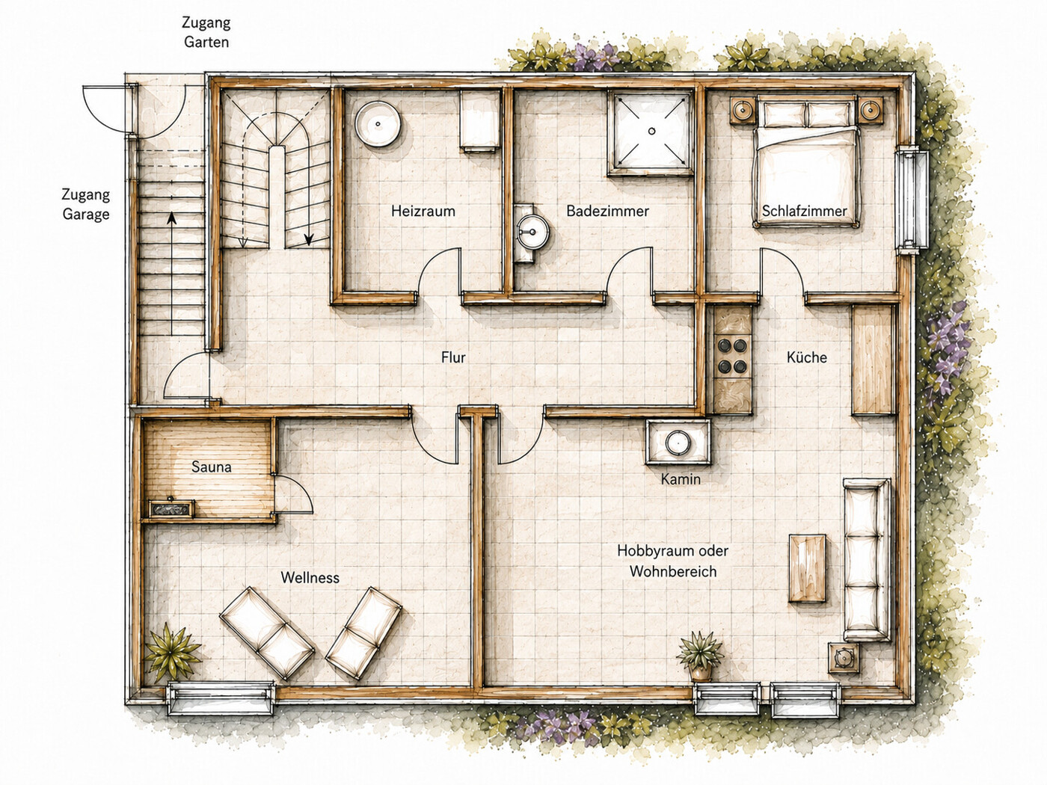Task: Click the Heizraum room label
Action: click(x=423, y=211)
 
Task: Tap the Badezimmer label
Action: click(x=608, y=211)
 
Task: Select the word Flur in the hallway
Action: click(x=453, y=357)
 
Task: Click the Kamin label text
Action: click(x=681, y=479)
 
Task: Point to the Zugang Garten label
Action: click(x=206, y=32)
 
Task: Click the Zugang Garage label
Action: click(x=86, y=204)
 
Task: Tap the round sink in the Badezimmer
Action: click(x=533, y=232)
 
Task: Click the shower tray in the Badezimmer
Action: click(x=651, y=132)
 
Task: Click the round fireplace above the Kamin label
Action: click(x=677, y=443)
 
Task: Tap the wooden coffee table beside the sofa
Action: click(x=807, y=568)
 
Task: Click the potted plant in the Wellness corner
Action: click(x=172, y=653)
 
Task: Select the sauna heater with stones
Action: click(x=172, y=508)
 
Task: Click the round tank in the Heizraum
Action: click(x=378, y=123)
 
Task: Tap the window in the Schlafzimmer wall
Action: click(x=911, y=200)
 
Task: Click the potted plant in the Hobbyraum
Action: click(x=700, y=656)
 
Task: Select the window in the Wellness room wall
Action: click(x=221, y=699)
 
